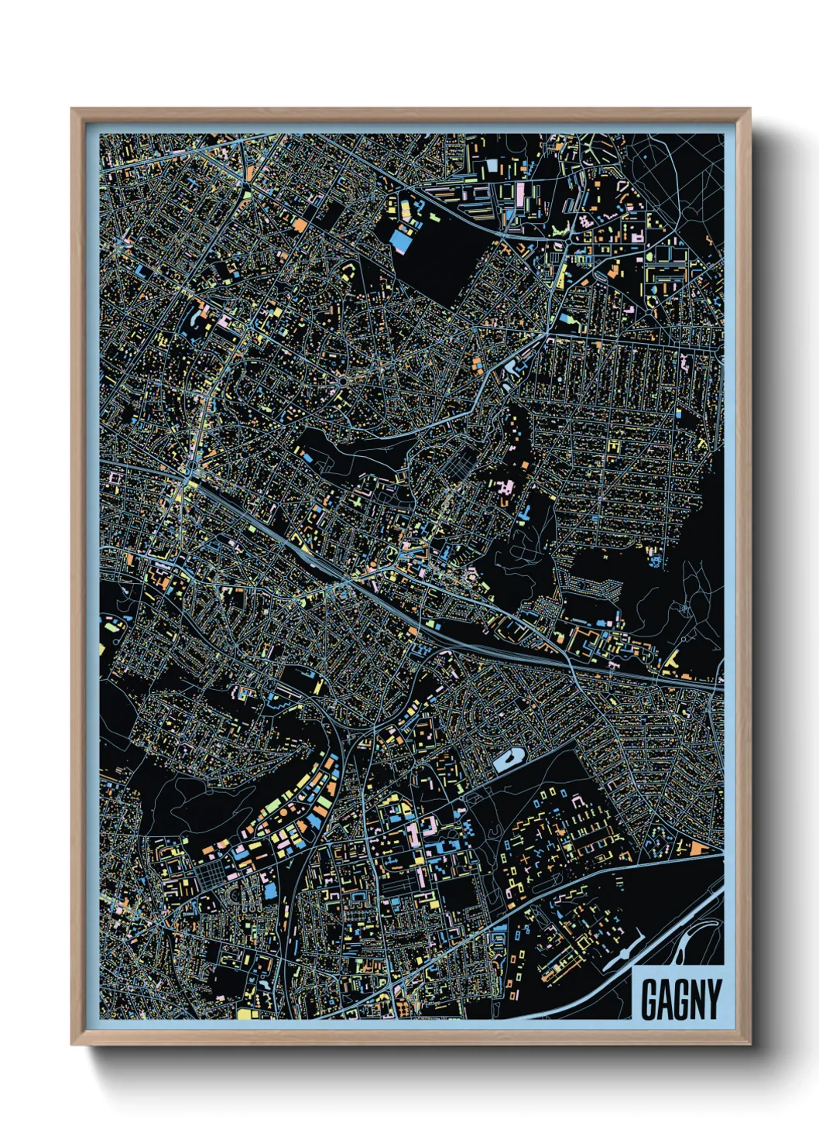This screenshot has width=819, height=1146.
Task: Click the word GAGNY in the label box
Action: [680, 999]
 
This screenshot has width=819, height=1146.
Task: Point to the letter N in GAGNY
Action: [697, 999]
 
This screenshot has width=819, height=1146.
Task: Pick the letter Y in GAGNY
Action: [713, 999]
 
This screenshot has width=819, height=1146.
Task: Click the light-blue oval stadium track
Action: [509, 760]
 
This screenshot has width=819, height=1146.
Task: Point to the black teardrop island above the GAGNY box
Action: [686, 940]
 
